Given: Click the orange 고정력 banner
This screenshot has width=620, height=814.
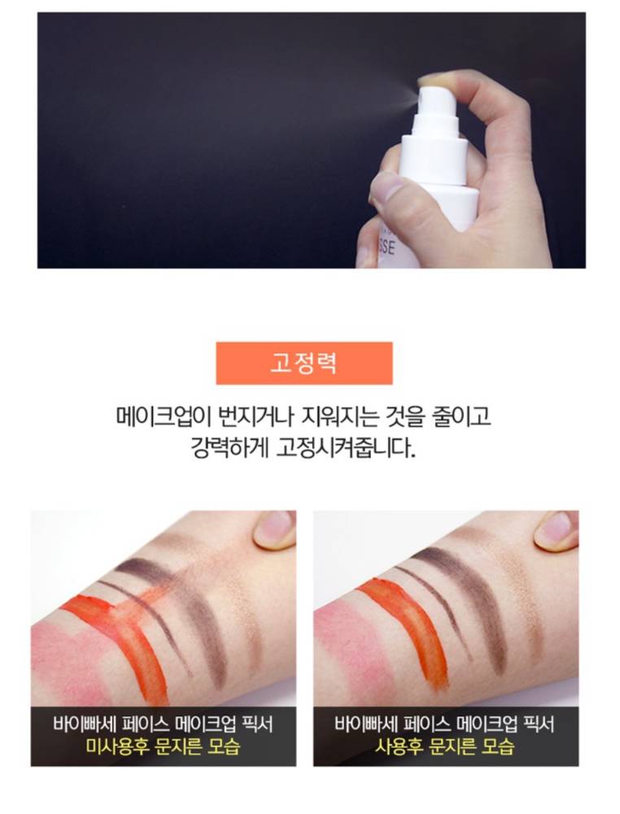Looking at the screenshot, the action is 304,363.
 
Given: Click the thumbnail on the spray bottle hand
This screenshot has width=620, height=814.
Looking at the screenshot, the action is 386,188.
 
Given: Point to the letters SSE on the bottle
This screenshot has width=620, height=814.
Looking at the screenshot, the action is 387,246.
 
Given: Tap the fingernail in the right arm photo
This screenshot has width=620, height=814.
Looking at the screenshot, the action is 557,526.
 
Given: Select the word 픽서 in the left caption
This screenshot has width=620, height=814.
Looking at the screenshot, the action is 257,724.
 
